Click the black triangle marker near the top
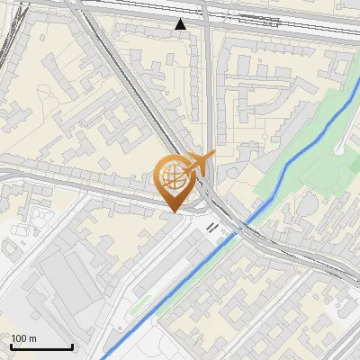tap(182, 24)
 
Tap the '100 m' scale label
tap(24, 338)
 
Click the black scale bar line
tap(41, 346)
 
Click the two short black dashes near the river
tap(213, 228)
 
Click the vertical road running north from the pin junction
tap(207, 90)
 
